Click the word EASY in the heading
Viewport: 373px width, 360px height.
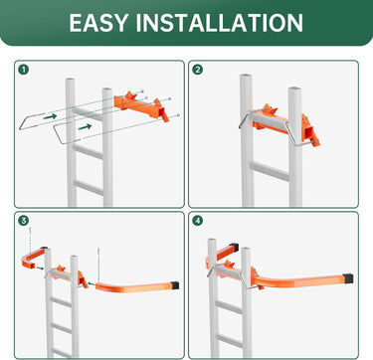pos(98,22)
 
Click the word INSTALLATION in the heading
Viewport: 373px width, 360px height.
pos(219,22)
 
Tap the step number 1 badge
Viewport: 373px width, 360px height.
pos(24,70)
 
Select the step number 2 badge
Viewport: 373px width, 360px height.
pos(198,70)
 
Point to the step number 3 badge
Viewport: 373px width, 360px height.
pos(24,221)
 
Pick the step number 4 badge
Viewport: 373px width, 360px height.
pos(198,221)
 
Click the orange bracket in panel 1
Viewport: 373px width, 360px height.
pos(142,105)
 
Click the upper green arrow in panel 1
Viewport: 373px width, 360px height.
pos(50,116)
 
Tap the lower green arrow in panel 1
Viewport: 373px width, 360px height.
pos(85,126)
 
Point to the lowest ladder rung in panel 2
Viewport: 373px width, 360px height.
pos(269,171)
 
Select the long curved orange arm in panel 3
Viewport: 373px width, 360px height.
pos(136,286)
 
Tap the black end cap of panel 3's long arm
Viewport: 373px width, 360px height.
pos(175,285)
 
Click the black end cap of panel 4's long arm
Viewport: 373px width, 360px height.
pos(348,278)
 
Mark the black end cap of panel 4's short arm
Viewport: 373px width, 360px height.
pos(234,248)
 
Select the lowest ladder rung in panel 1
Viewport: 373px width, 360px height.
pos(89,188)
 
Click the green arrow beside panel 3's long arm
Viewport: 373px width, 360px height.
pos(92,283)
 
